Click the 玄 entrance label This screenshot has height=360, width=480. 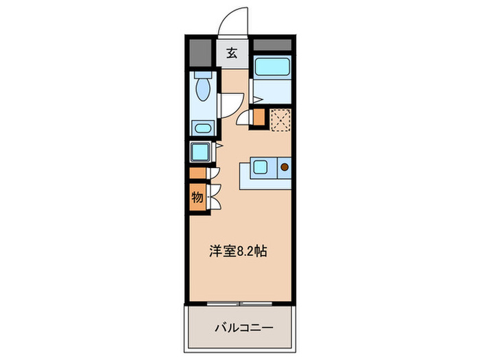pos(232,53)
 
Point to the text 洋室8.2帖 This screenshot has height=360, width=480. pos(238,252)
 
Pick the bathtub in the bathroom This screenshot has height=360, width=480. pos(273,69)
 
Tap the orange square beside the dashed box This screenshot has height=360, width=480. pos(259,118)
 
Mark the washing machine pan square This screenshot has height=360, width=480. pos(202,151)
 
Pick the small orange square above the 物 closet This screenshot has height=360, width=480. pos(197,173)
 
